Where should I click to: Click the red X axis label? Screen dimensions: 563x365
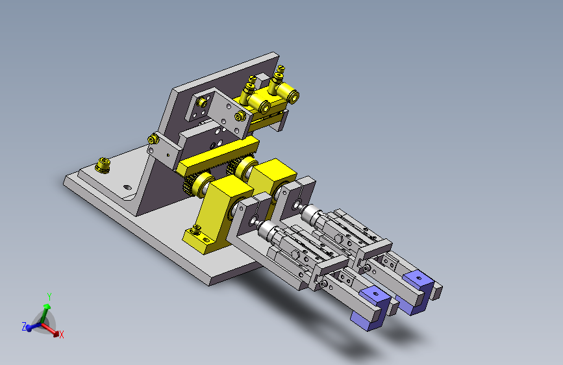pos(62,335)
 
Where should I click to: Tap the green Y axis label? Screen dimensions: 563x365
pos(49,297)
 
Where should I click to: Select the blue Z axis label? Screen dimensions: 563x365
pos(25,327)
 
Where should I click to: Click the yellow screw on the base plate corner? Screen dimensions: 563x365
pos(103,165)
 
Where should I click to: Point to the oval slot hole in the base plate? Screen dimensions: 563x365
pos(127,187)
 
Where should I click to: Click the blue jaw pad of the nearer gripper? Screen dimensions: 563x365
pos(371,308)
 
